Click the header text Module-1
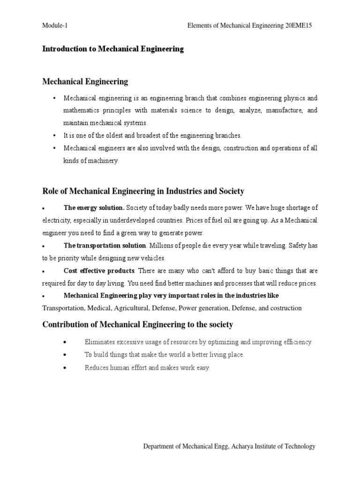pyautogui.click(x=55, y=26)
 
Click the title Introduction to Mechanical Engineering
pyautogui.click(x=113, y=49)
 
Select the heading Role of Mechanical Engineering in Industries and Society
pyautogui.click(x=143, y=191)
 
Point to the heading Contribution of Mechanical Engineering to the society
pyautogui.click(x=138, y=324)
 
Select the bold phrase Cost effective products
pyautogui.click(x=99, y=270)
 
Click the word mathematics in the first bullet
pyautogui.click(x=80, y=111)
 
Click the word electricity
pyautogui.click(x=57, y=220)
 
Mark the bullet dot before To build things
pyautogui.click(x=64, y=355)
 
